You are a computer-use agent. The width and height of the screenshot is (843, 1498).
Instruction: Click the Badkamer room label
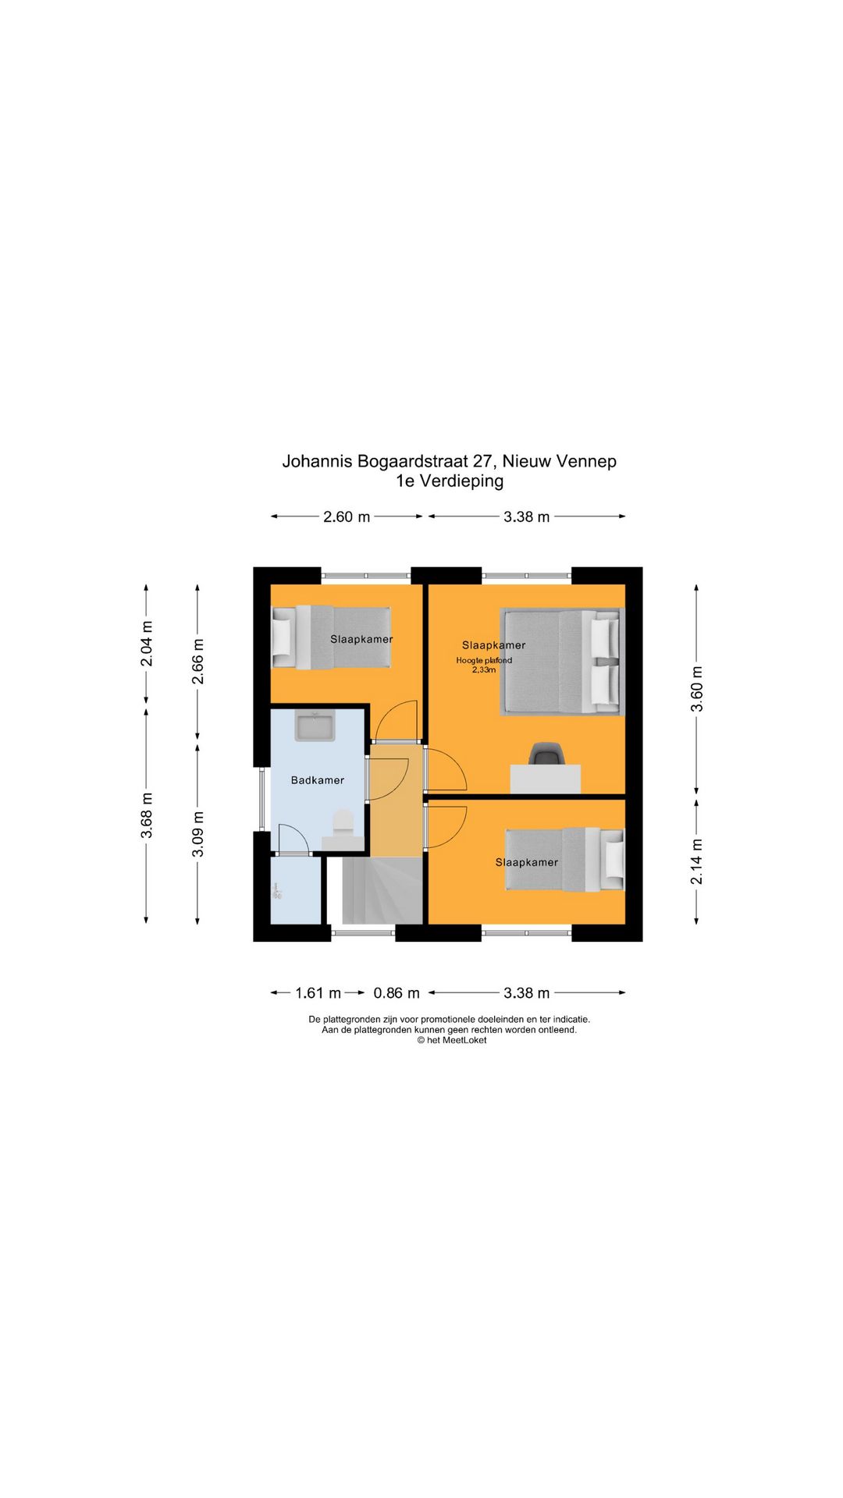pyautogui.click(x=317, y=780)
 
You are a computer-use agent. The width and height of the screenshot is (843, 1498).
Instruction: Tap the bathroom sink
pyautogui.click(x=315, y=726)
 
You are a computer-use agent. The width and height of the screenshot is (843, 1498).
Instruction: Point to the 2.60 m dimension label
pyautogui.click(x=347, y=517)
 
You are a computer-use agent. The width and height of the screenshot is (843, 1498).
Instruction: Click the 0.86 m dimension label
pyautogui.click(x=397, y=993)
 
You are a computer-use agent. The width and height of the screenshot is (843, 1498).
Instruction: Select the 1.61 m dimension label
pyautogui.click(x=318, y=993)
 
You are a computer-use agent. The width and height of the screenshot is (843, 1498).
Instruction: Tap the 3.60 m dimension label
pyautogui.click(x=697, y=689)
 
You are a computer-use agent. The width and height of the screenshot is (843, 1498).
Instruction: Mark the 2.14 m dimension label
pyautogui.click(x=697, y=861)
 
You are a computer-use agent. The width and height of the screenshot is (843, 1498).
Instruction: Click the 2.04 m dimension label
pyautogui.click(x=147, y=644)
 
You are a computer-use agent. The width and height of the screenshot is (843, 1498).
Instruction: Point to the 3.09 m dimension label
pyautogui.click(x=198, y=834)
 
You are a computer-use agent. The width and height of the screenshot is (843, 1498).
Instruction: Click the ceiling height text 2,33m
pyautogui.click(x=484, y=670)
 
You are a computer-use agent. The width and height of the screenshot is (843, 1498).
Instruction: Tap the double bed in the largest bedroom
pyautogui.click(x=560, y=662)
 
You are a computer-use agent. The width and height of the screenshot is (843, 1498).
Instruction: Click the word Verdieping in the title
pyautogui.click(x=461, y=481)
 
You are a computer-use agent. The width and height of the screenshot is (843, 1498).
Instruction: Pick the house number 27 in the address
pyautogui.click(x=482, y=461)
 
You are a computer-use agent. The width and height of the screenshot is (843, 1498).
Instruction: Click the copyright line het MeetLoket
pyautogui.click(x=451, y=1040)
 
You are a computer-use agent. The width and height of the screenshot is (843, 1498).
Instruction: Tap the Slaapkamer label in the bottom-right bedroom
pyautogui.click(x=527, y=862)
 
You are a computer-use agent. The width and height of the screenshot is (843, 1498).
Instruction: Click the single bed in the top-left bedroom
pyautogui.click(x=331, y=637)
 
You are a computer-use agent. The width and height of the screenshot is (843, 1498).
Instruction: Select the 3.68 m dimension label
pyautogui.click(x=147, y=815)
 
